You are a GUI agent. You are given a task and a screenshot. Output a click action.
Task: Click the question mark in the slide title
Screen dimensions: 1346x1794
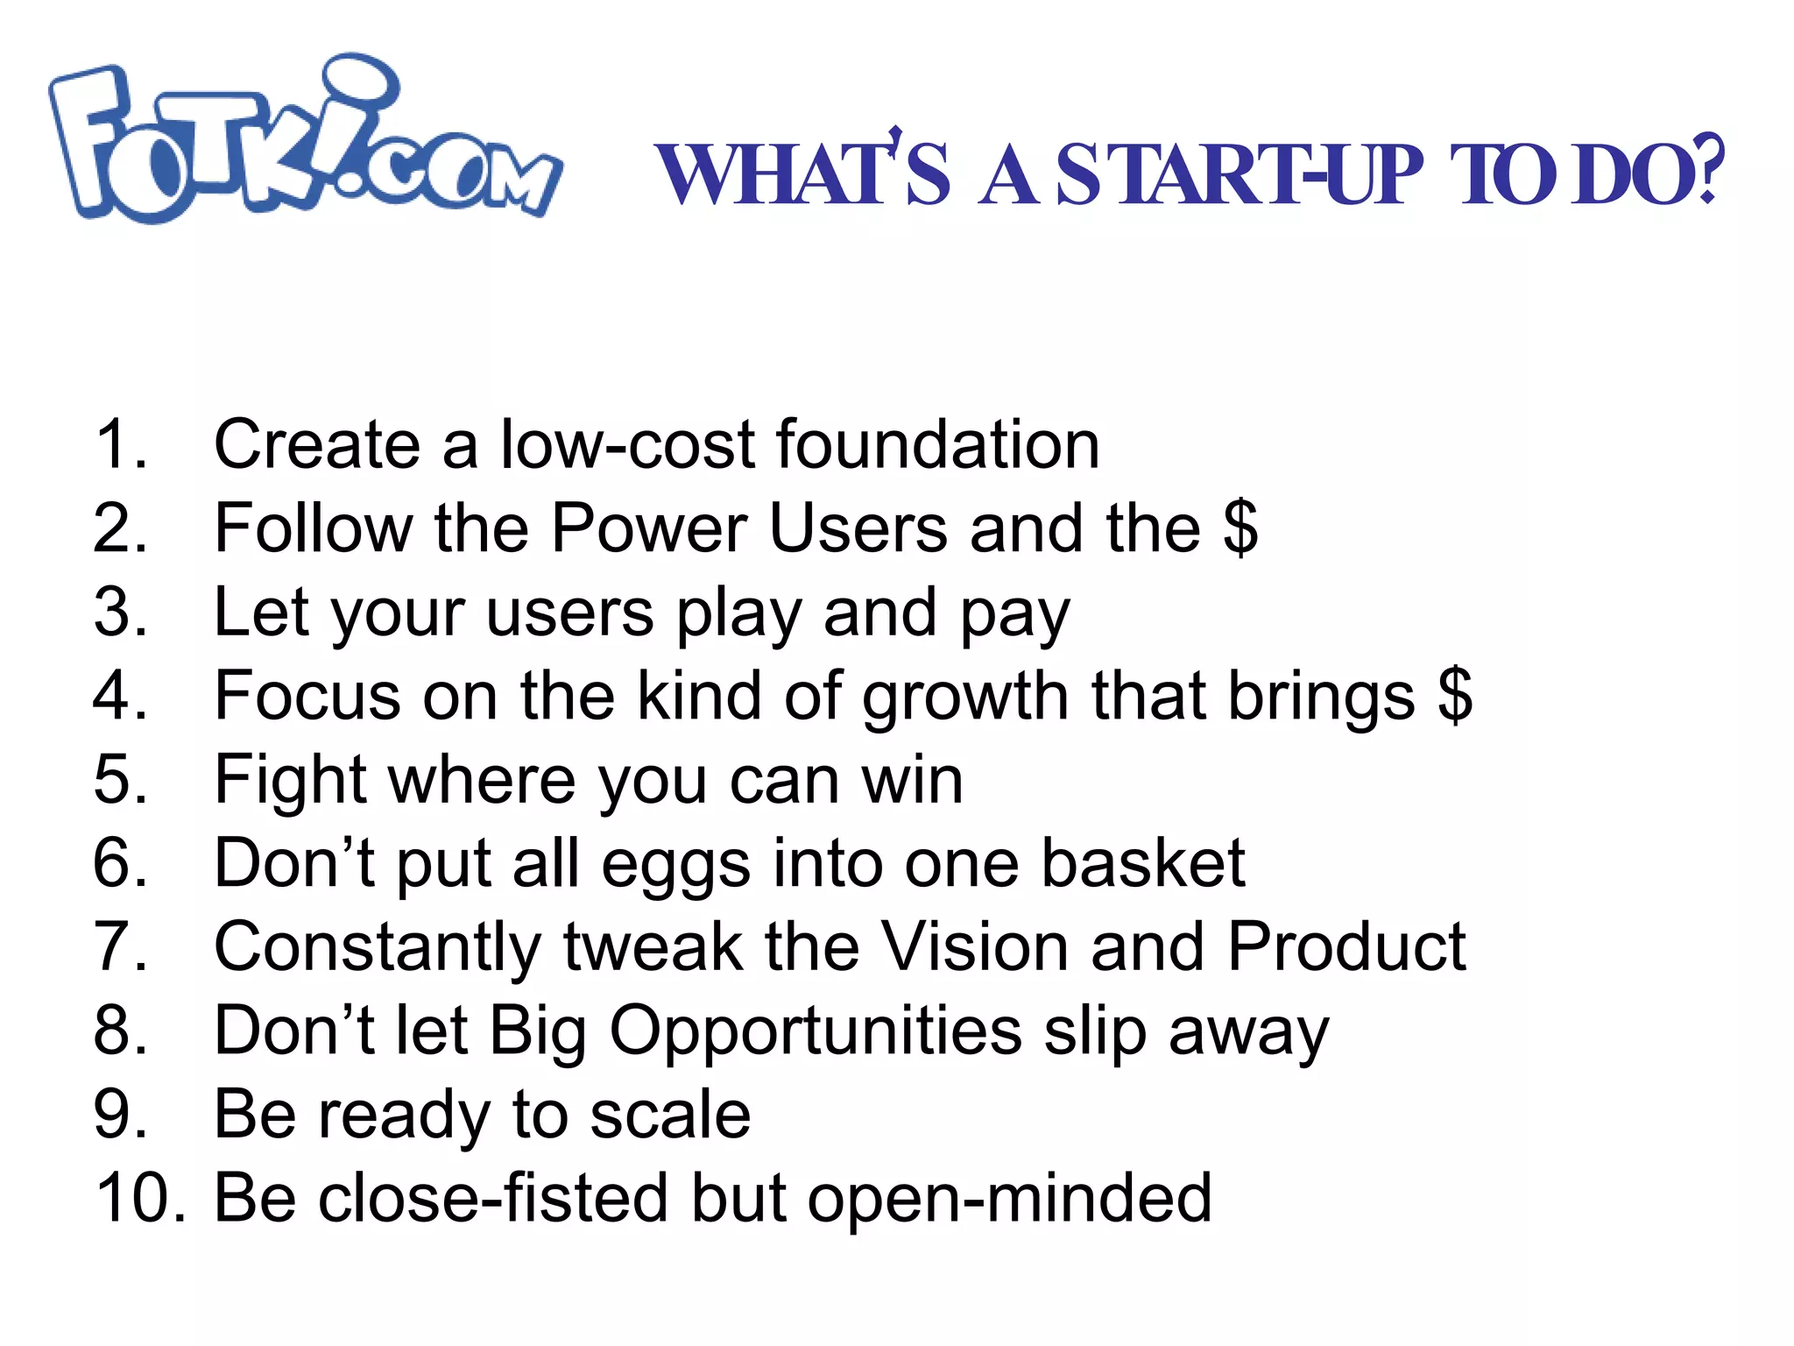click(1709, 171)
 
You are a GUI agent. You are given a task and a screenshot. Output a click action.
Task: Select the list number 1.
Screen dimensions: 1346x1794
click(118, 445)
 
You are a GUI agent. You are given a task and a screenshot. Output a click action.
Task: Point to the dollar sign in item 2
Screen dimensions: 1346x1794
click(1240, 528)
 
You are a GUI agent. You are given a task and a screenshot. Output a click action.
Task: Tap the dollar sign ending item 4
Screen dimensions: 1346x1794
click(1455, 696)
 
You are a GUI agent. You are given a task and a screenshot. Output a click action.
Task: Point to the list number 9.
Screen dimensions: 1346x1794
click(118, 1114)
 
